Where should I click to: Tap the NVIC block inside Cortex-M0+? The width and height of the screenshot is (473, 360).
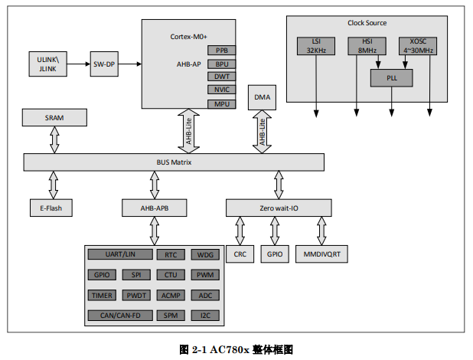click(222, 90)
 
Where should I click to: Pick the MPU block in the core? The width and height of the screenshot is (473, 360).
click(222, 103)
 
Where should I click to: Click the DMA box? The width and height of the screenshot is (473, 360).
click(263, 97)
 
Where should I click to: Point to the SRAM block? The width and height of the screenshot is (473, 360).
click(54, 116)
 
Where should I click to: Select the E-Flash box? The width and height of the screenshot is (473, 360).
click(51, 208)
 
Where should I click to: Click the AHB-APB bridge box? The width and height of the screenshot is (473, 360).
click(154, 208)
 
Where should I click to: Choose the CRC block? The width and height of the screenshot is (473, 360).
click(240, 254)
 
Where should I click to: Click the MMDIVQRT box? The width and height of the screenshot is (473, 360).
click(321, 254)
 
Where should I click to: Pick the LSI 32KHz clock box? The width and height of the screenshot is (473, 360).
click(316, 46)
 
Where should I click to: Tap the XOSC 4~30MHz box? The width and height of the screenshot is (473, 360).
click(418, 46)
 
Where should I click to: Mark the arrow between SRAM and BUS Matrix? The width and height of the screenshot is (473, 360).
click(54, 139)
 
